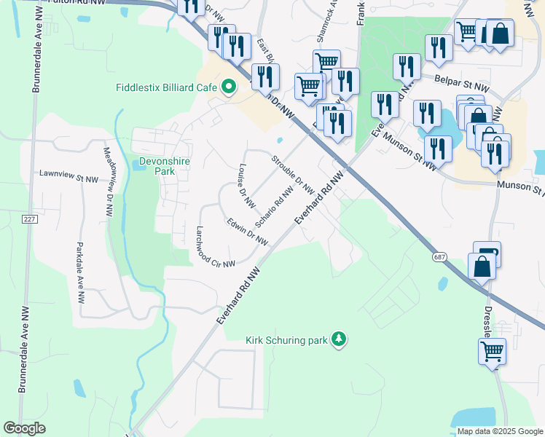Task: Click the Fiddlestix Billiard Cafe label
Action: (167, 87)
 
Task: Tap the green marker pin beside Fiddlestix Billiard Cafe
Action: (228, 87)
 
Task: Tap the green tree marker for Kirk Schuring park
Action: (338, 339)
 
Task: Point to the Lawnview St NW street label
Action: (68, 175)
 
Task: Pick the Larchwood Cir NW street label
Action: (215, 248)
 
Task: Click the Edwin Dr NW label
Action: (247, 231)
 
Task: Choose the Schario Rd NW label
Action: (275, 206)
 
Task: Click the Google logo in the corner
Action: (25, 428)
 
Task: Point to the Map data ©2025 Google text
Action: (499, 431)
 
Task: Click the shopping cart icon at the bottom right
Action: (492, 352)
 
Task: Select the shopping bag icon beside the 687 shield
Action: (482, 266)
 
